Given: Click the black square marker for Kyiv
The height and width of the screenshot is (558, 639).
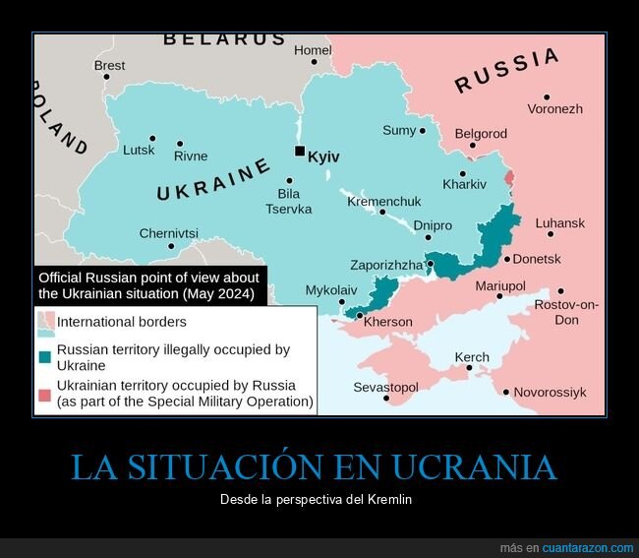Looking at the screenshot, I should tap(300, 151).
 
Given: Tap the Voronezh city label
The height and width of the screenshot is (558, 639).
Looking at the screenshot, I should tap(555, 109).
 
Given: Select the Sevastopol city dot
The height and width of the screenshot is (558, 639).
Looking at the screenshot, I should tap(387, 399).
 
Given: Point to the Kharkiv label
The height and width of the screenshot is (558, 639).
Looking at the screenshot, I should tap(464, 184).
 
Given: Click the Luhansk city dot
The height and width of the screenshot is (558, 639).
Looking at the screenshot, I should tap(551, 234).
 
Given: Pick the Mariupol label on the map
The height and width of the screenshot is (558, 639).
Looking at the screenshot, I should tap(500, 285).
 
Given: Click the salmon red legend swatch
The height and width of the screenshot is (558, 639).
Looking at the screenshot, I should tap(45, 395).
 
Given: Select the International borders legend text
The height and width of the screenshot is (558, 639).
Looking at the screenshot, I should tap(122, 322).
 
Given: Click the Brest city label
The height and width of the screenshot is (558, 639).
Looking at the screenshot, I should tap(109, 66).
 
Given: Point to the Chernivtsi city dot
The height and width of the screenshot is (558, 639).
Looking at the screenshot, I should tap(171, 246).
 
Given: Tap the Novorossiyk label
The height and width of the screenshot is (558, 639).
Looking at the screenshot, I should tap(550, 392).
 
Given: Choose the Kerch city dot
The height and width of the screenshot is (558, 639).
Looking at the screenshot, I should tap(470, 370).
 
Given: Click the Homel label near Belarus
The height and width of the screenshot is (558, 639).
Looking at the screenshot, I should tap(313, 50).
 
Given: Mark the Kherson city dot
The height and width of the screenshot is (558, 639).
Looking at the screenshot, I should tap(359, 316).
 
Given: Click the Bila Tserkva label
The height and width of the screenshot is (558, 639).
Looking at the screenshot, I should tap(288, 202).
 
